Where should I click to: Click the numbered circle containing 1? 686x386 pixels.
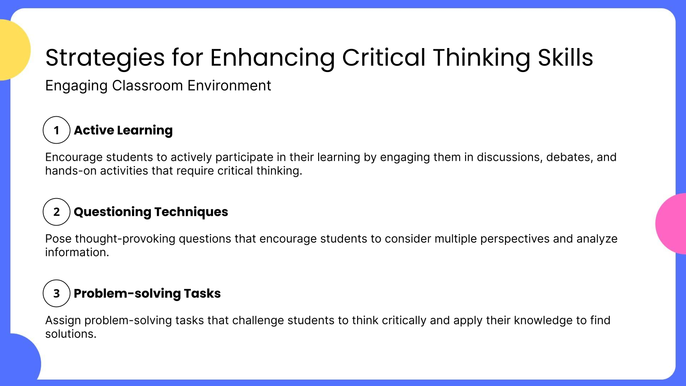(x=56, y=130)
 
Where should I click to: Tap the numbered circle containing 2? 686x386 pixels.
(x=56, y=212)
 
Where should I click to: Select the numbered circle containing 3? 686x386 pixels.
(x=56, y=293)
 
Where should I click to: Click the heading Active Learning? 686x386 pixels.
(x=123, y=130)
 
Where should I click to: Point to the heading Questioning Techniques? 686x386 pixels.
(x=151, y=212)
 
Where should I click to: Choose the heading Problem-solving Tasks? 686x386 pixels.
(x=147, y=293)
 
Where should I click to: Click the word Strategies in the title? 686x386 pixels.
(x=105, y=57)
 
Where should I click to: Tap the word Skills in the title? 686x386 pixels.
(x=565, y=57)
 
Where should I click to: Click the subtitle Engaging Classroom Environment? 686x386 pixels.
(x=158, y=86)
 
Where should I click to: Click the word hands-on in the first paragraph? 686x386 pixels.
(x=71, y=171)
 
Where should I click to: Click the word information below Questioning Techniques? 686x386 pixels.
(x=77, y=252)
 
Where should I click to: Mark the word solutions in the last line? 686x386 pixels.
(x=70, y=334)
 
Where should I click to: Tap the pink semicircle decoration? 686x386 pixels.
(x=671, y=223)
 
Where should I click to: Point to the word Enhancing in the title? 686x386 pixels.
(x=272, y=57)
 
